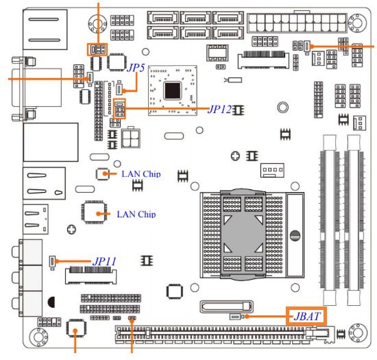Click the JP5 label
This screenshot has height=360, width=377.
(136, 68)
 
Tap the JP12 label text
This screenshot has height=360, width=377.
(219, 110)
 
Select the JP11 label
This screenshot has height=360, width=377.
(104, 261)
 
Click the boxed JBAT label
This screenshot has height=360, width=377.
(306, 316)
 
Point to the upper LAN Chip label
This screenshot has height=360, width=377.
(141, 174)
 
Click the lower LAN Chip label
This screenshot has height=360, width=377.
(136, 214)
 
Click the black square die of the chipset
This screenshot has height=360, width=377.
(172, 91)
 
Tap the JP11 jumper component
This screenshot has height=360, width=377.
(52, 262)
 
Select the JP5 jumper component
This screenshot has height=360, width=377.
(119, 89)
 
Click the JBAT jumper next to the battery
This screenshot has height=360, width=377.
(235, 317)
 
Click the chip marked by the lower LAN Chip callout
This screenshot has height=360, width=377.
(95, 213)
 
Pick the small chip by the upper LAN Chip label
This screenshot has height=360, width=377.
(102, 173)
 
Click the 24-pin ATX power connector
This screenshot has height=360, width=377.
(297, 23)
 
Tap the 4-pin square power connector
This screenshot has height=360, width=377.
(131, 139)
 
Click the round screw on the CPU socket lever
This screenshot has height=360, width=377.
(295, 235)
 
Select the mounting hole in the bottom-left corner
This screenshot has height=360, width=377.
(38, 337)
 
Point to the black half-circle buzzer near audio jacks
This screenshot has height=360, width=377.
(51, 302)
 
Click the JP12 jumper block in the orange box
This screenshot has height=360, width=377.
(119, 108)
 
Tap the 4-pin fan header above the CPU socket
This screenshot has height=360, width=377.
(272, 170)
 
